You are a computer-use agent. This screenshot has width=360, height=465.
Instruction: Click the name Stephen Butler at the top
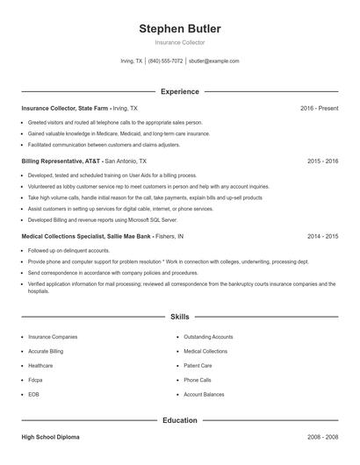pos(179,28)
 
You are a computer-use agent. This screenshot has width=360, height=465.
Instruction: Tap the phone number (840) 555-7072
pos(165,61)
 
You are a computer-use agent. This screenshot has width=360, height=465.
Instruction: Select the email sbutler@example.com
pos(214,61)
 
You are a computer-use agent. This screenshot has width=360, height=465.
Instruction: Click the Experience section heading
pos(179,91)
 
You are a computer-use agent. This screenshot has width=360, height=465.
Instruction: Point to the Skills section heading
pos(179,316)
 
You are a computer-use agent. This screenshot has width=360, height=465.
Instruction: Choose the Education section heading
pos(179,420)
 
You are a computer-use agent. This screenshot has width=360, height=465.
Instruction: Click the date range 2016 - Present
pos(319,108)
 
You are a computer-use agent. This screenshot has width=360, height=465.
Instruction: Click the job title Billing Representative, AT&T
pos(61,161)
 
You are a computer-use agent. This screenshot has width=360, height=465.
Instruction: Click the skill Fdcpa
pos(36,380)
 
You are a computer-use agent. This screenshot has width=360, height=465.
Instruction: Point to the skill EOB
pos(34,395)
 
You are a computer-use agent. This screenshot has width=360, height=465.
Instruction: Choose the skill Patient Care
pos(198,365)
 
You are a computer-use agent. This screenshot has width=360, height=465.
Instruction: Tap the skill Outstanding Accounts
pos(208,336)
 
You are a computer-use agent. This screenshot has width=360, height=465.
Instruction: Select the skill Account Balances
pos(205,395)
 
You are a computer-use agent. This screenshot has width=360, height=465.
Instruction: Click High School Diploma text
pos(51,435)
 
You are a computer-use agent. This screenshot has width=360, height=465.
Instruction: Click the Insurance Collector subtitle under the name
pos(179,42)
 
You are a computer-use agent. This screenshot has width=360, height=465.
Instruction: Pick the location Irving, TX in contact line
pos(131,61)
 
